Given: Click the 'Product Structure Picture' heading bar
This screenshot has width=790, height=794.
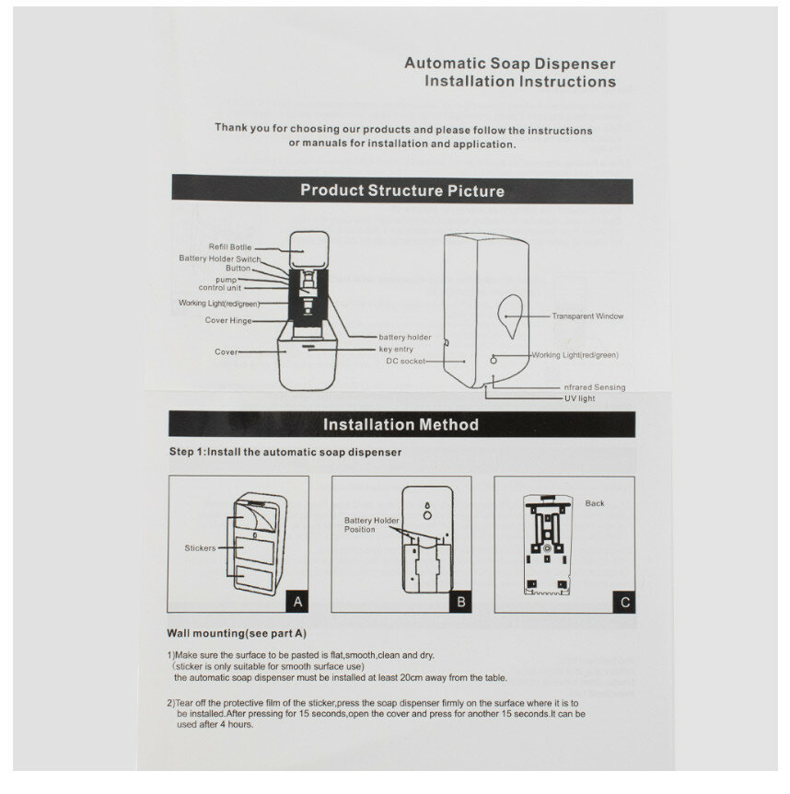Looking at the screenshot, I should [401, 191].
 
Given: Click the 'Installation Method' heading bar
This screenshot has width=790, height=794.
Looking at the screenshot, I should [401, 424].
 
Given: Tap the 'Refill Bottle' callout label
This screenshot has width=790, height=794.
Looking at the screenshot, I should [229, 247].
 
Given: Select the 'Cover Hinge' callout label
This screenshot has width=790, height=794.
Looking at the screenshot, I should [227, 320].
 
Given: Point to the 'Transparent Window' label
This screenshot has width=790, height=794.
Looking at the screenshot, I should [587, 316].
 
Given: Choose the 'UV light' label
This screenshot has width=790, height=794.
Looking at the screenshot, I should [580, 398].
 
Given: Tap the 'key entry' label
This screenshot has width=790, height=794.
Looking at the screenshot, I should [396, 350].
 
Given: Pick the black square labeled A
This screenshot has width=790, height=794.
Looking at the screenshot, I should [296, 603].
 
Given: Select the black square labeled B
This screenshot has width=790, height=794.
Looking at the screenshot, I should [461, 603].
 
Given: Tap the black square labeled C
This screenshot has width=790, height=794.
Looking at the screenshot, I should [624, 603].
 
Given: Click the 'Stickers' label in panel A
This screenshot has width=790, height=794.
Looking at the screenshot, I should [200, 548].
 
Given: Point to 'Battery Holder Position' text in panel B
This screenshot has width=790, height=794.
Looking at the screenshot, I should [372, 525].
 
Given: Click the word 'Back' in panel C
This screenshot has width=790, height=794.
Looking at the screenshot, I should [595, 503].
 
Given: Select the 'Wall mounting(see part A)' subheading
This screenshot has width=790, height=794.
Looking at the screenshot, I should [238, 634].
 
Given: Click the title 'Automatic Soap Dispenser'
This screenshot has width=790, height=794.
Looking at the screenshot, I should [510, 63].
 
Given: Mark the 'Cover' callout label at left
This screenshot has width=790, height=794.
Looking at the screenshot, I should [226, 352].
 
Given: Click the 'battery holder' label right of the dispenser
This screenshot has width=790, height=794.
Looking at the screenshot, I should [404, 338].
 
